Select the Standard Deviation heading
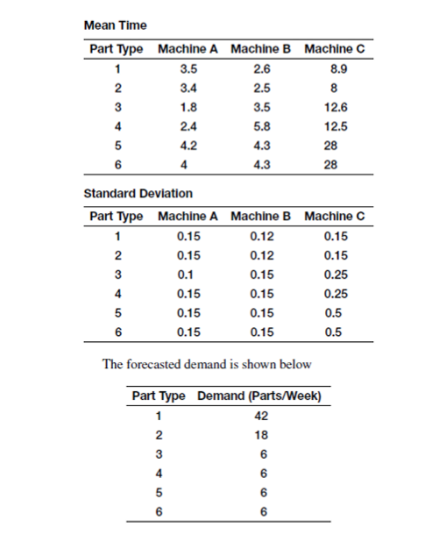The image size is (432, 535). pyautogui.click(x=138, y=193)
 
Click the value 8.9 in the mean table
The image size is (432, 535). pyautogui.click(x=334, y=67)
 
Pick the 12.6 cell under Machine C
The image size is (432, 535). pyautogui.click(x=334, y=107)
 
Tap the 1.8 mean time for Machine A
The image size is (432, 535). pyautogui.click(x=188, y=107)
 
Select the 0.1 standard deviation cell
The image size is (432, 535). pyautogui.click(x=188, y=275)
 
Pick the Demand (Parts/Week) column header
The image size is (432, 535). pyautogui.click(x=261, y=396)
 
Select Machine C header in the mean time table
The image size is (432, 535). pyautogui.click(x=334, y=46)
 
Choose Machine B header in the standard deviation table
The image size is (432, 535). pyautogui.click(x=261, y=215)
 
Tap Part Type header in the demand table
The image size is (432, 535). pyautogui.click(x=159, y=396)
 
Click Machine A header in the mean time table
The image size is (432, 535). pyautogui.click(x=188, y=46)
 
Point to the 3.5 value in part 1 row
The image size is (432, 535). pyautogui.click(x=188, y=67)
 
